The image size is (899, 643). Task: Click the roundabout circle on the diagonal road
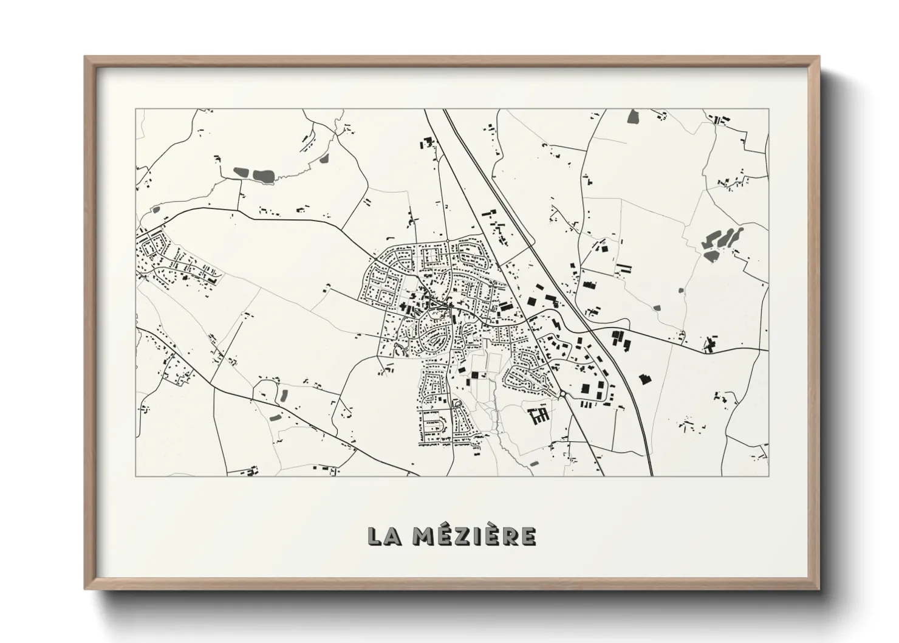point(563,394)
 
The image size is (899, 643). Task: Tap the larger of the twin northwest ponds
point(264,176)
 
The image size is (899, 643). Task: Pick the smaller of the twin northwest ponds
point(241,173)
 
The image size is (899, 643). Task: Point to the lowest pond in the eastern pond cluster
point(709,256)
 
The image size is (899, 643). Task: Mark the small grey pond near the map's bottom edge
point(534,464)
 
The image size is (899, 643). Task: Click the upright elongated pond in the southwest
point(282,396)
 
